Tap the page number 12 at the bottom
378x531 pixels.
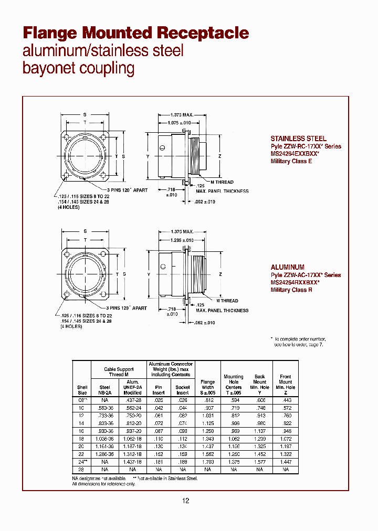(185, 501)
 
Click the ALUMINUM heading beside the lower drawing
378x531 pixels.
(287, 267)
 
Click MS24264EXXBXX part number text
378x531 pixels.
(295, 154)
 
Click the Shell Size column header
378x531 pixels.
(82, 389)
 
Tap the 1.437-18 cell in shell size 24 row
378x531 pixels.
(132, 462)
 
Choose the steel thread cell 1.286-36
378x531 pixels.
(105, 454)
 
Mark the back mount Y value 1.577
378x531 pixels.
(259, 462)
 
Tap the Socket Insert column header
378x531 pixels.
(183, 390)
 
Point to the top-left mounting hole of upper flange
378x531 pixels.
(66, 135)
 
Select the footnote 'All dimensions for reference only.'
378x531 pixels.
(103, 484)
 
